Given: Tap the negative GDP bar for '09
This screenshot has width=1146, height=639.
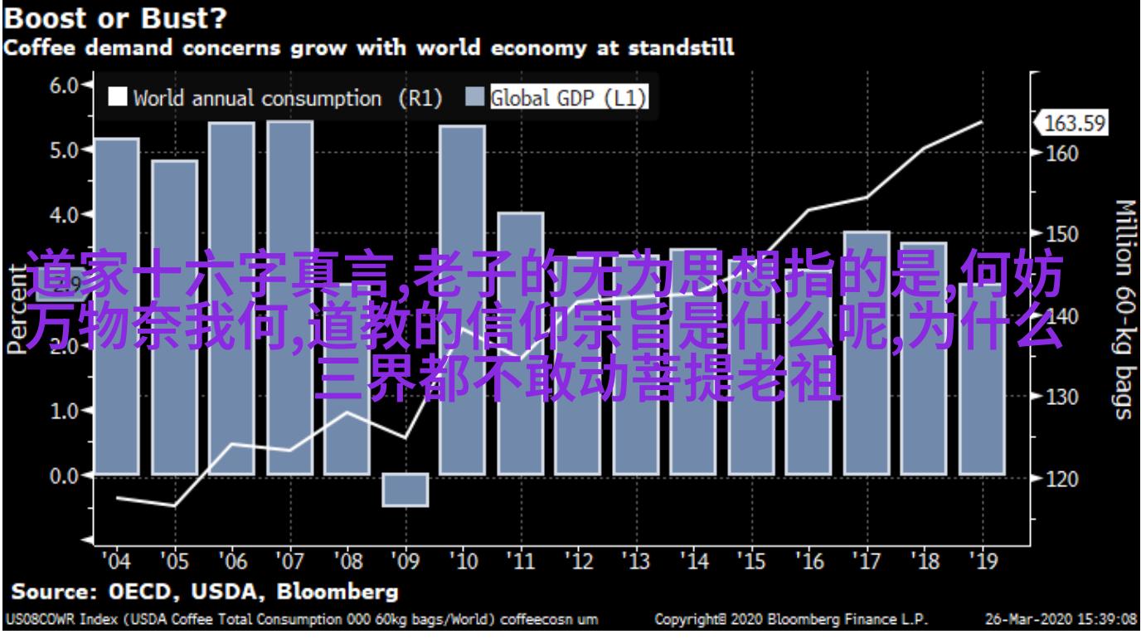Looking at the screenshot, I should (x=405, y=490).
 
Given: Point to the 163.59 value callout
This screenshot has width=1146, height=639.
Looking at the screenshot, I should (x=1075, y=124).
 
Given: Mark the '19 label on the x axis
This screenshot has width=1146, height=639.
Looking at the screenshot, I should (x=982, y=562).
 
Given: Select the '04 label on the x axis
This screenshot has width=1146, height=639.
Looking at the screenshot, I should (x=115, y=562).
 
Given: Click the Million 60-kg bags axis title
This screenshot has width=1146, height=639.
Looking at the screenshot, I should (x=1124, y=310).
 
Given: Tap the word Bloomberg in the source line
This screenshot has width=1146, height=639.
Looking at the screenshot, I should (x=337, y=593).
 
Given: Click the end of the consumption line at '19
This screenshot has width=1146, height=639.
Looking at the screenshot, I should (x=982, y=122).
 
